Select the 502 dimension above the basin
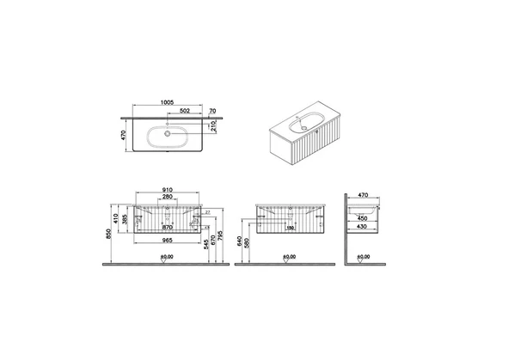pos(183,111)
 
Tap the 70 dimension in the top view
pos(212,111)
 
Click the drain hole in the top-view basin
pos(164,133)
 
